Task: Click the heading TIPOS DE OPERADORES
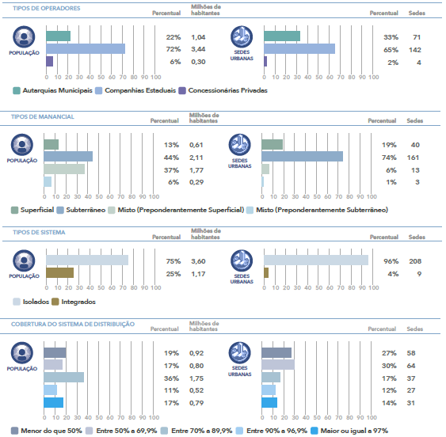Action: pyautogui.click(x=47, y=8)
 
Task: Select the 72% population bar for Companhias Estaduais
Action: pyautogui.click(x=86, y=48)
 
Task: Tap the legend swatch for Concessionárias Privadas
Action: pyautogui.click(x=182, y=91)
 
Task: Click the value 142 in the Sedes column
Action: pyautogui.click(x=415, y=50)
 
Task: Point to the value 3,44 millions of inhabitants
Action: pyautogui.click(x=198, y=49)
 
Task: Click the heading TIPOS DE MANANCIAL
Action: pyautogui.click(x=42, y=116)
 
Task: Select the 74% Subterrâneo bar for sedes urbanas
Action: pyautogui.click(x=302, y=157)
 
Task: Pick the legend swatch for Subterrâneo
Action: pyautogui.click(x=60, y=211)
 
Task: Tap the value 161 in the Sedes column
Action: pyautogui.click(x=413, y=158)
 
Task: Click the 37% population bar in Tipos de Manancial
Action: pyautogui.click(x=64, y=169)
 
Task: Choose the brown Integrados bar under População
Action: pyautogui.click(x=59, y=272)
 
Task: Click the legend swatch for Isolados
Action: pyautogui.click(x=17, y=302)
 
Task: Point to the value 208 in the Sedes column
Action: pyautogui.click(x=415, y=261)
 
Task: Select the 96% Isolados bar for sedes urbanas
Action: pyautogui.click(x=316, y=260)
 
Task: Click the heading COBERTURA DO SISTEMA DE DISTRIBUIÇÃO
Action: pyautogui.click(x=73, y=324)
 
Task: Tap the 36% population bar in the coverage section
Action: pyautogui.click(x=63, y=378)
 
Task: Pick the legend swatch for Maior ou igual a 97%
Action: pyautogui.click(x=314, y=431)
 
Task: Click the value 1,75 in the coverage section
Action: pyautogui.click(x=196, y=378)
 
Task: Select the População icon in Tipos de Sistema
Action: pyautogui.click(x=24, y=260)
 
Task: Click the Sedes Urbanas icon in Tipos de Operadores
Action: pyautogui.click(x=242, y=37)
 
